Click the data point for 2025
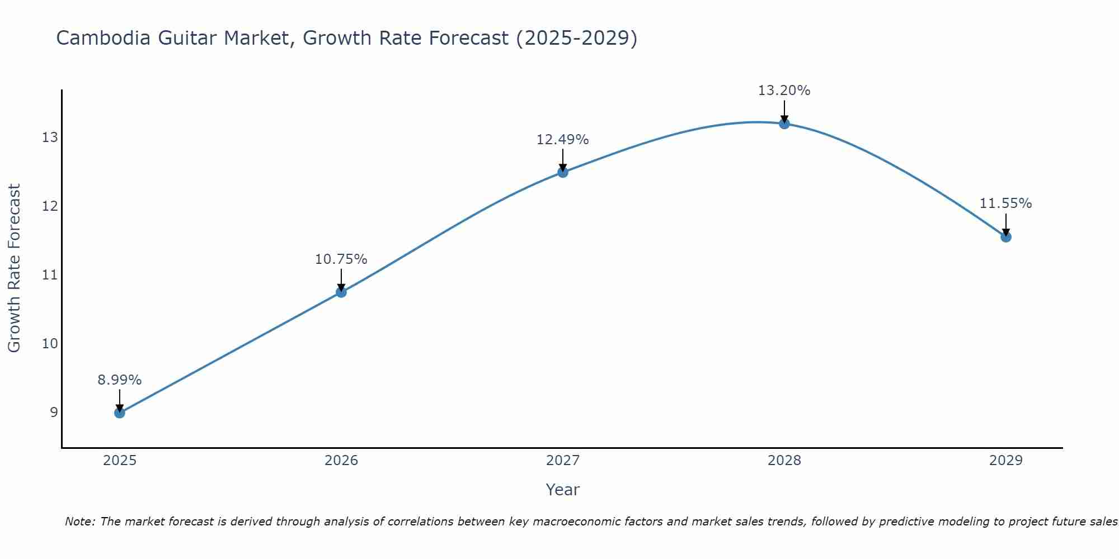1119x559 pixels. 119,413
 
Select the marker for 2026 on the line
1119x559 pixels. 341,292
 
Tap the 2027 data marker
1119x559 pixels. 562,172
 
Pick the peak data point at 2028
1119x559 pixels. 784,124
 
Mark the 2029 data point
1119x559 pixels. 1005,237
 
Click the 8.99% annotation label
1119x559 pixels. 119,380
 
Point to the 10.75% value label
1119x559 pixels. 341,259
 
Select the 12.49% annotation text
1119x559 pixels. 562,140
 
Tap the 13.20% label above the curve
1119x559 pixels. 784,91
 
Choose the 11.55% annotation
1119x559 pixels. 1005,203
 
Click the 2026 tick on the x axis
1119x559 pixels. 341,461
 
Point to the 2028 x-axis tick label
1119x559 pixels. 784,461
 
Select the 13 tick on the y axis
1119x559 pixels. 50,138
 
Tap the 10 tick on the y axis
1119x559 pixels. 50,343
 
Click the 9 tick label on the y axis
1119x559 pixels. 54,413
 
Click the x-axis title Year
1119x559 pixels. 562,490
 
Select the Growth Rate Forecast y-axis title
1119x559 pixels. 14,268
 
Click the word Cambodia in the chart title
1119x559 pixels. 104,38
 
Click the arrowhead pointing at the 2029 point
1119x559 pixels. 1005,232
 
